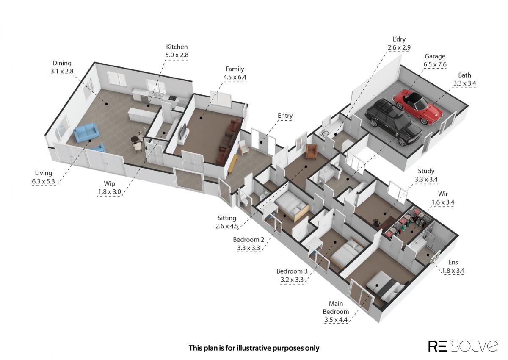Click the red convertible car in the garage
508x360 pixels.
point(418,106)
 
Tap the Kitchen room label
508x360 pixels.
point(177,47)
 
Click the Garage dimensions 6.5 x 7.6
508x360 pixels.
point(435,64)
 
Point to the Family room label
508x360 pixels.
point(235,69)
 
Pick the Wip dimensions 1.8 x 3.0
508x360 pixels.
point(110,192)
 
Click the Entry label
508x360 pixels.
point(285,116)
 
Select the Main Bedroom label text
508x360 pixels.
point(336,307)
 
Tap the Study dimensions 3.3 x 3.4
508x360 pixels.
point(426,180)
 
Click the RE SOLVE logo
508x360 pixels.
point(463,346)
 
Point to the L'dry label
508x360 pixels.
point(399,39)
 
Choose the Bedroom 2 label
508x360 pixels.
point(248,240)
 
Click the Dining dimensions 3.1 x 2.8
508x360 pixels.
point(62,71)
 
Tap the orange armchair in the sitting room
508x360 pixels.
point(312,152)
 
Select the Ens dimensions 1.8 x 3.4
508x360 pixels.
point(453,271)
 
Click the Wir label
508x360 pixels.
point(443,194)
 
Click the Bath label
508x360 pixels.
point(464,75)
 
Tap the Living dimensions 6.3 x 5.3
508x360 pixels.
point(44,181)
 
